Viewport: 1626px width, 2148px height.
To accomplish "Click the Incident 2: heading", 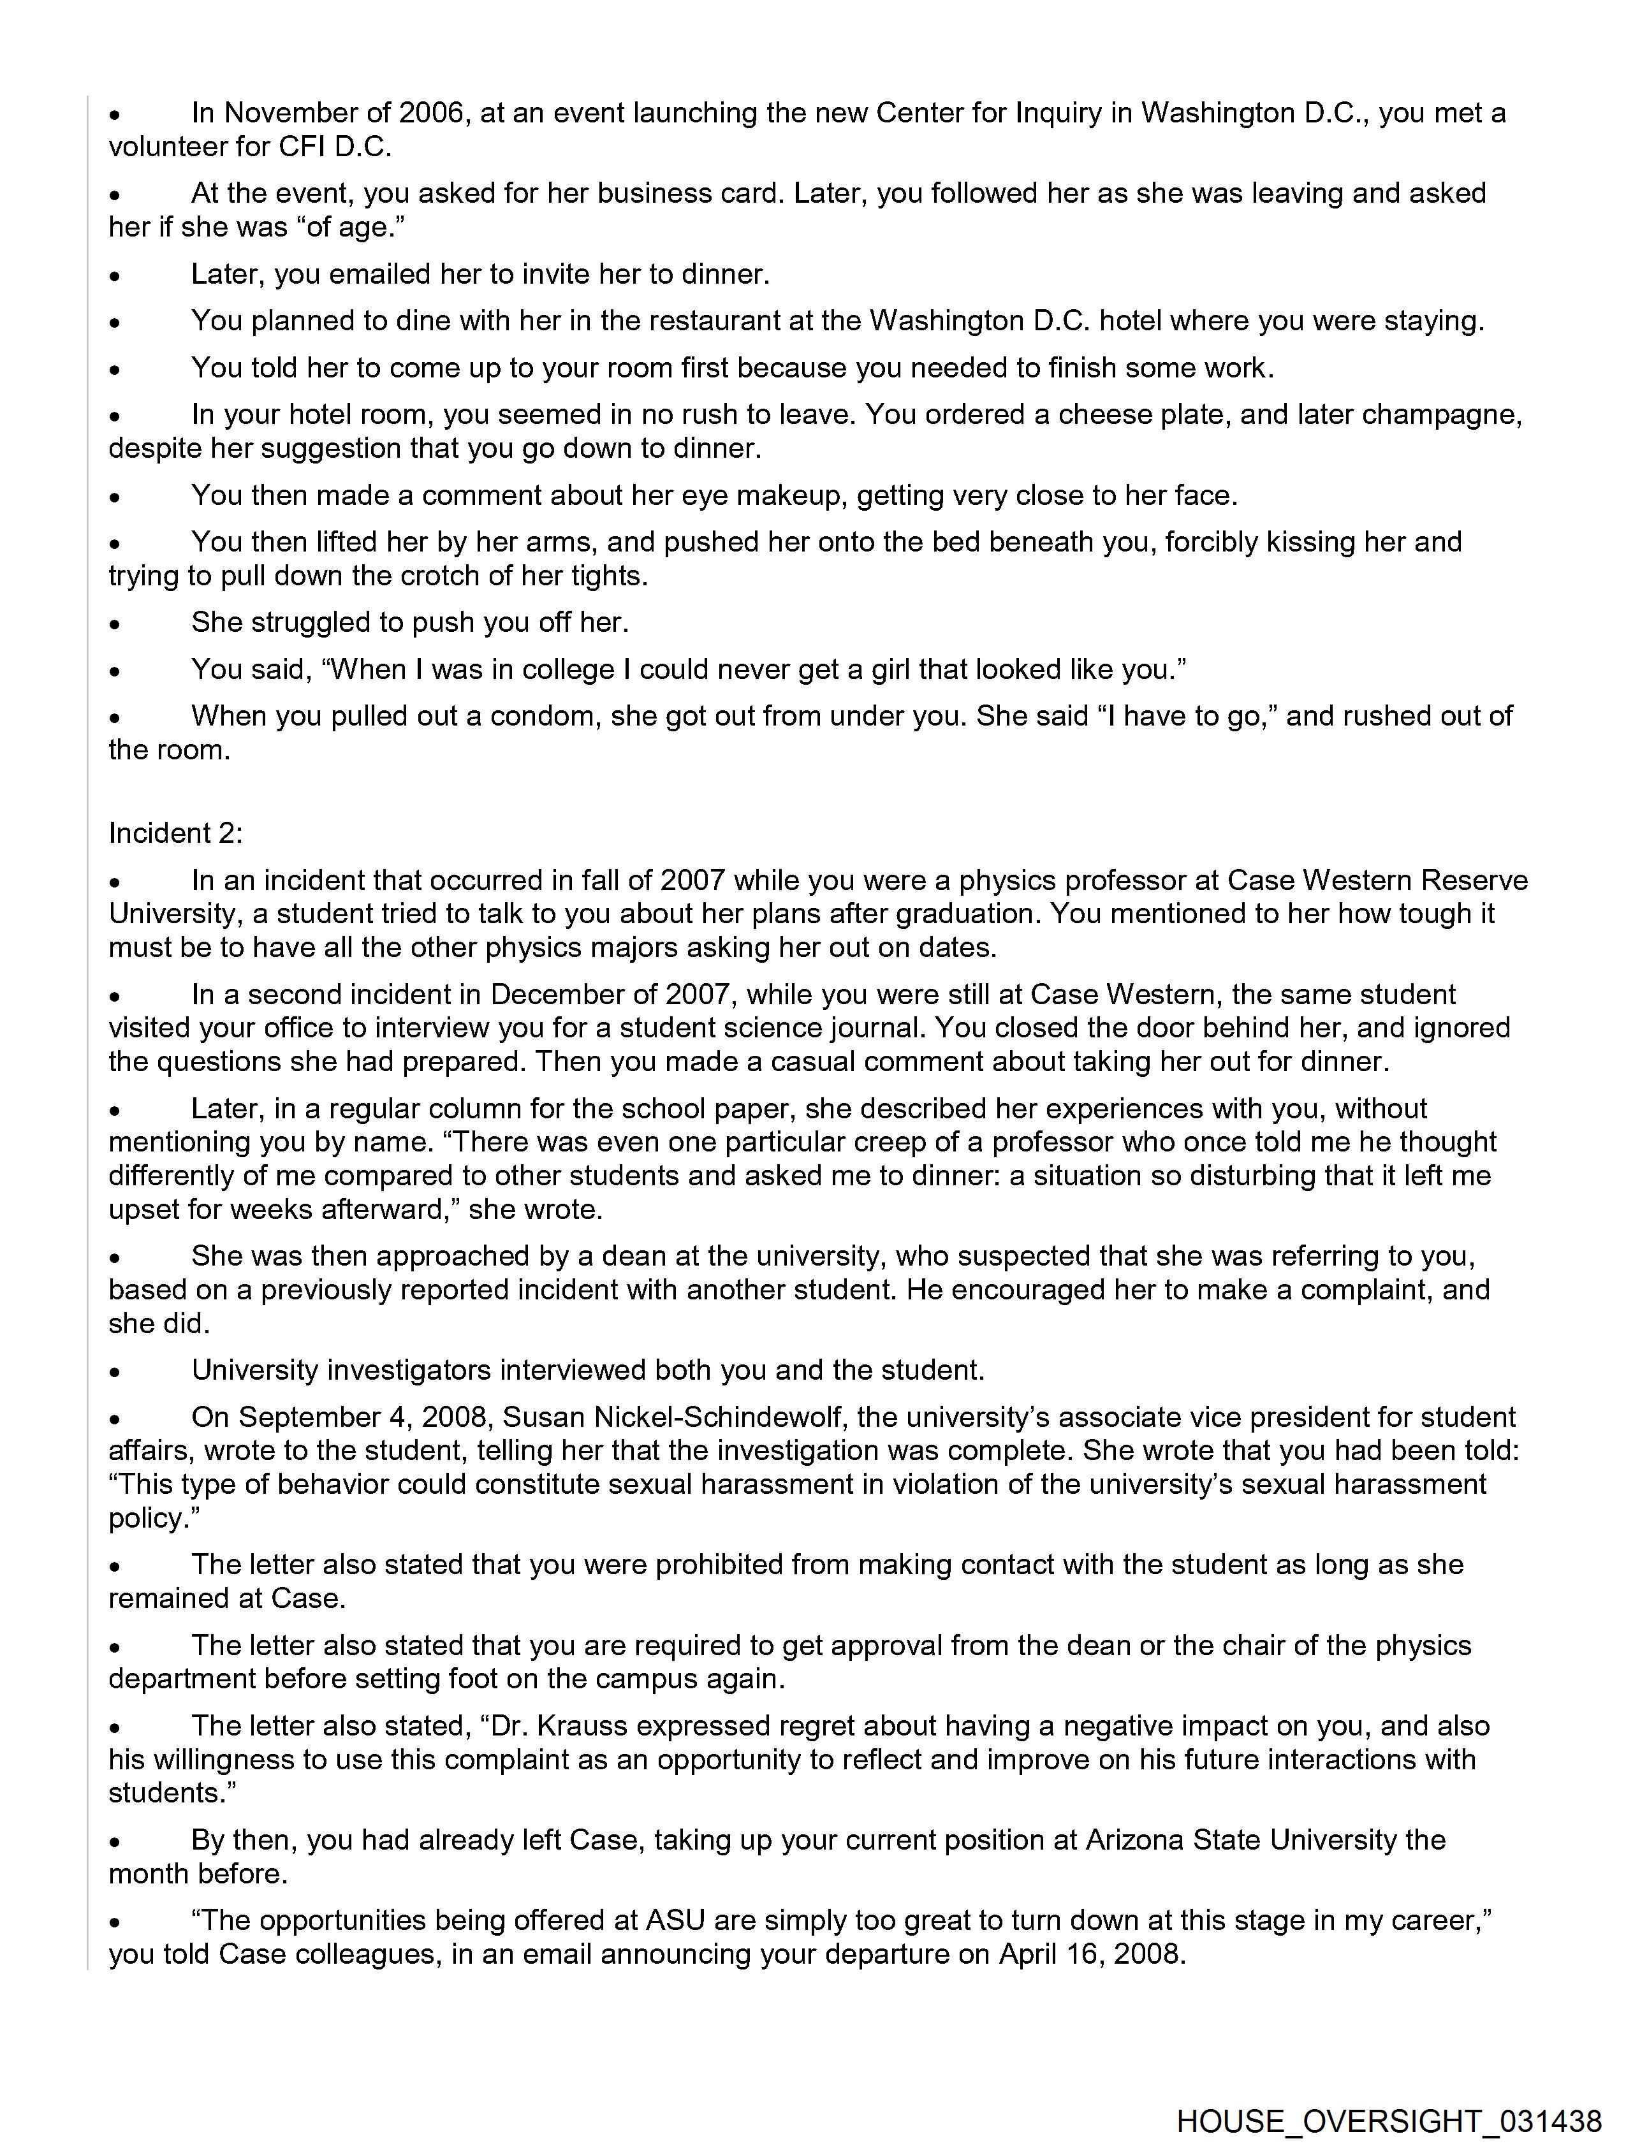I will click(x=176, y=833).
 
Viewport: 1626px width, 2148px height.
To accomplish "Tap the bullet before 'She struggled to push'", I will click(x=115, y=624).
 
